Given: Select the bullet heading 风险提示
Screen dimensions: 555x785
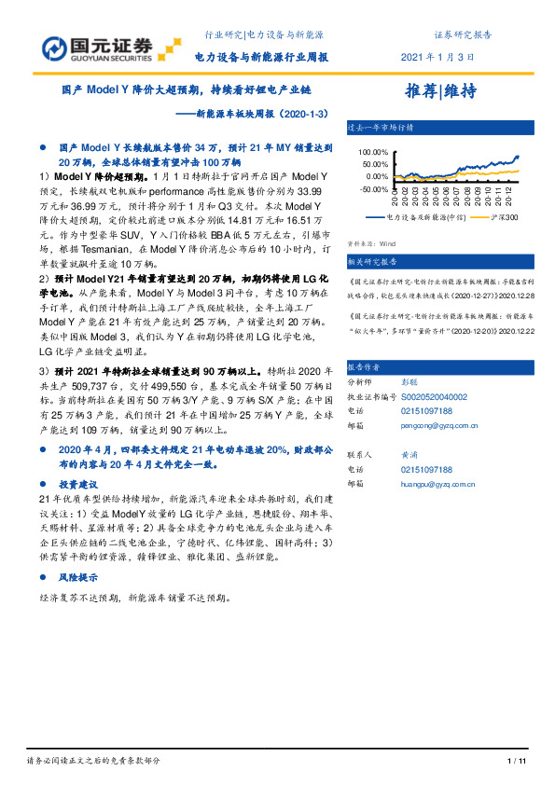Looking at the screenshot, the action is [76, 578].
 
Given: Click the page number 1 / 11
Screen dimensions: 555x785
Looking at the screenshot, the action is [516, 761].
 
